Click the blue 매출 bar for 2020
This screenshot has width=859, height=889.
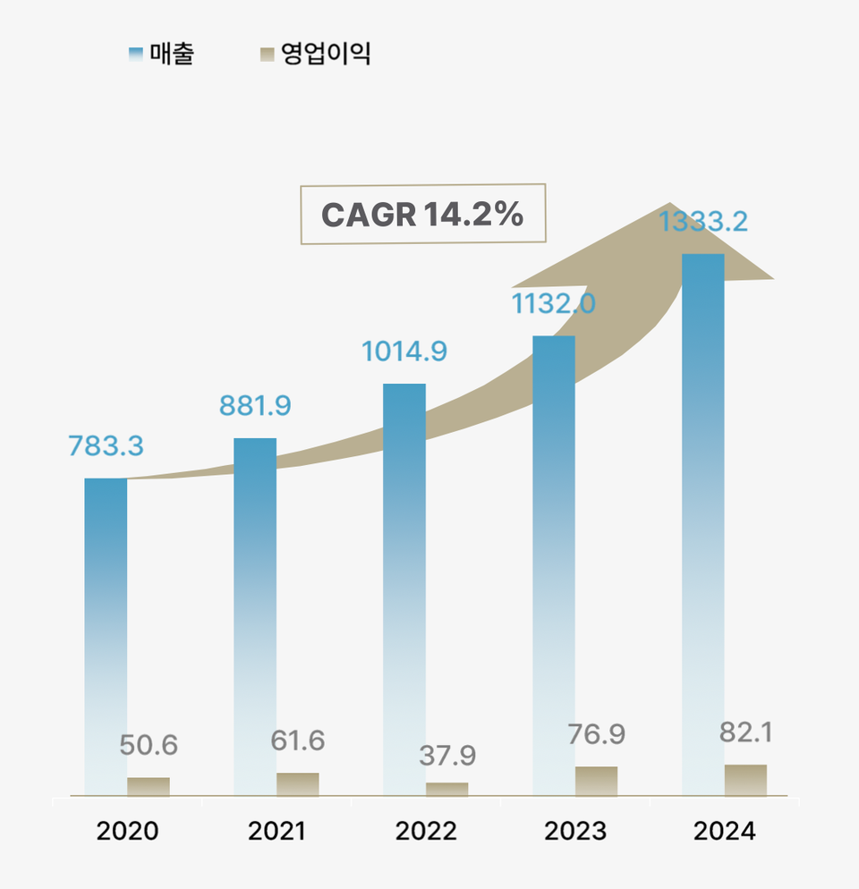106,635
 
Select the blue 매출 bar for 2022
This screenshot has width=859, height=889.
404,588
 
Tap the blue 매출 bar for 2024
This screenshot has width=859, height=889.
703,523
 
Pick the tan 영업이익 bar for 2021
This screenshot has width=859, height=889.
298,784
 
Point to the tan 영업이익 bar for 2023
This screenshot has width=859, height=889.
596,781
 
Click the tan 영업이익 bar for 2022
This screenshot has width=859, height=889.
447,789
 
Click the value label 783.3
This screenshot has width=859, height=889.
106,445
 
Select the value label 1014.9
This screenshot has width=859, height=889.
404,351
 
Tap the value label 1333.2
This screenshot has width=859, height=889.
703,222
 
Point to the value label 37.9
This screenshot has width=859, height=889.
447,756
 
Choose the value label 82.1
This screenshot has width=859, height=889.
745,733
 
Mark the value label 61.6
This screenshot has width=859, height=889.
298,741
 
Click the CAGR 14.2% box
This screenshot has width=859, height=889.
422,215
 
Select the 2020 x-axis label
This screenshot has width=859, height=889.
127,831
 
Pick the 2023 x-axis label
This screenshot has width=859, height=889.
575,831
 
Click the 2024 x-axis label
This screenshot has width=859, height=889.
725,831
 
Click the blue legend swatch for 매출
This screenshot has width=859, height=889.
136,55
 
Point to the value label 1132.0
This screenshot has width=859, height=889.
553,304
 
